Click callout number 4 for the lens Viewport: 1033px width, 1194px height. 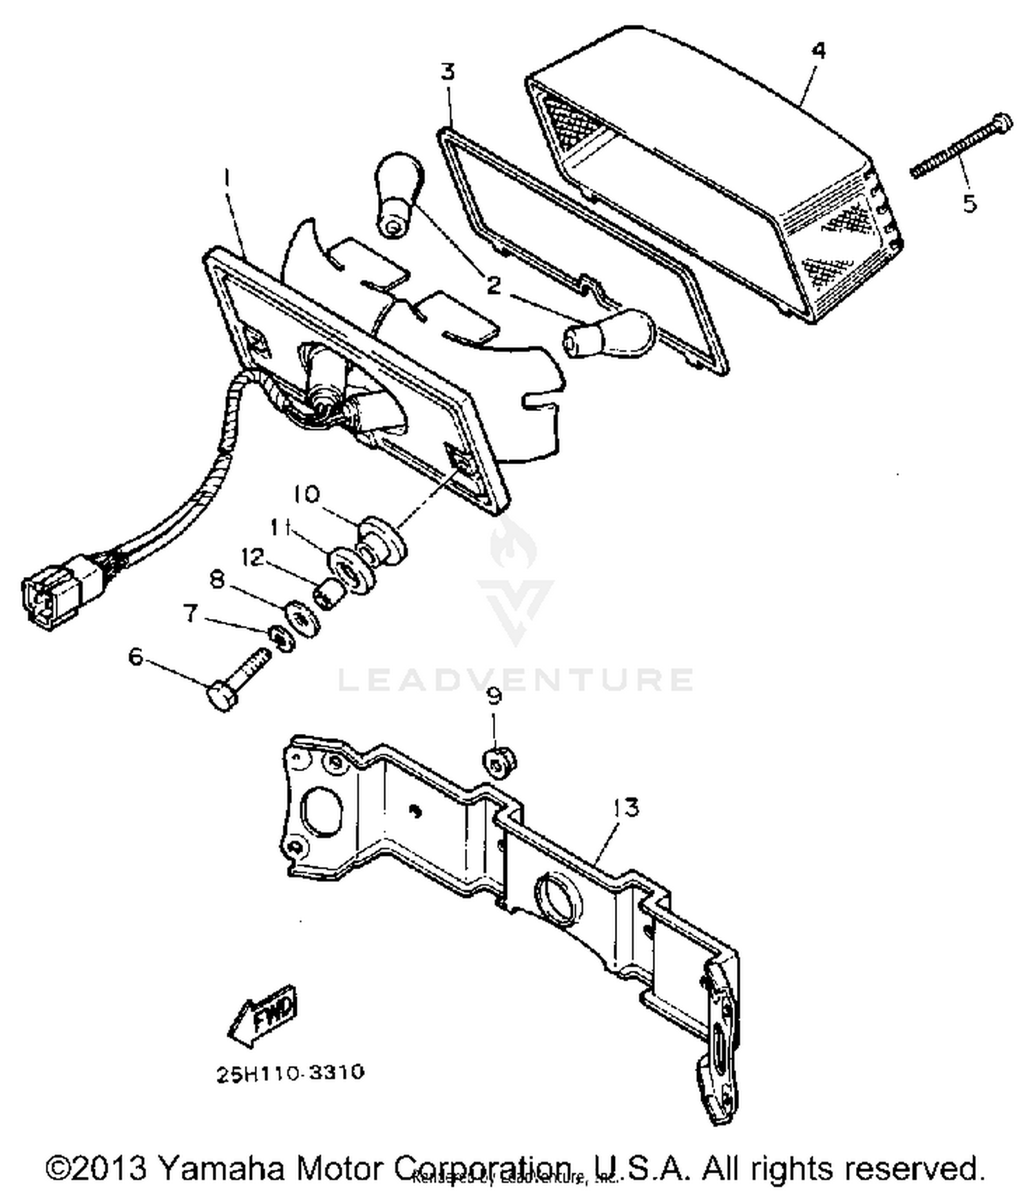pyautogui.click(x=818, y=50)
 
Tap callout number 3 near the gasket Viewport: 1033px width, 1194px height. pyautogui.click(x=448, y=72)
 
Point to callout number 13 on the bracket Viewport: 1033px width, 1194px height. pyautogui.click(x=625, y=807)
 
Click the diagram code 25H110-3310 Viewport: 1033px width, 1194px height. pyautogui.click(x=290, y=1073)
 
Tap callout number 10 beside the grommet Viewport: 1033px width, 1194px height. pyautogui.click(x=306, y=494)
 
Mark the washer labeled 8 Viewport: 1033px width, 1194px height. pyautogui.click(x=302, y=616)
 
